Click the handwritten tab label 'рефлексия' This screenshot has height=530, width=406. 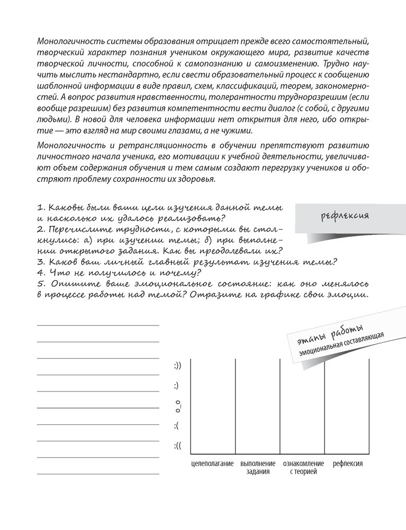click(x=345, y=216)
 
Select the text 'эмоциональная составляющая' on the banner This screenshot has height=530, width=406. click(x=340, y=346)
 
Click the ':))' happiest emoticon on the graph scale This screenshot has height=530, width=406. click(x=177, y=365)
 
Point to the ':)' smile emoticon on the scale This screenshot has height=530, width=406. click(x=176, y=385)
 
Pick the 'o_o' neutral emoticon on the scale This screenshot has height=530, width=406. click(x=178, y=406)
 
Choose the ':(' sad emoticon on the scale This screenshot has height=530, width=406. click(x=176, y=426)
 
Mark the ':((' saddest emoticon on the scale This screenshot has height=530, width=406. click(x=177, y=446)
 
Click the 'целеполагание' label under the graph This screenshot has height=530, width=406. click(x=212, y=464)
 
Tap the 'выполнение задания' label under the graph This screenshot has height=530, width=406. click(x=258, y=467)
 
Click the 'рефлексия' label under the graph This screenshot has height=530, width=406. click(x=348, y=464)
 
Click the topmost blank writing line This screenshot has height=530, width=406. click(x=98, y=325)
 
